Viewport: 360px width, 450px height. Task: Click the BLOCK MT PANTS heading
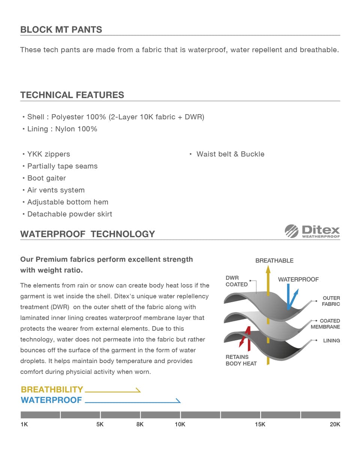(x=61, y=30)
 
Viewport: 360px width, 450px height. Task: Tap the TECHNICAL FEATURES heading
(x=72, y=95)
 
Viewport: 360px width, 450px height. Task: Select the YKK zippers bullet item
(x=48, y=154)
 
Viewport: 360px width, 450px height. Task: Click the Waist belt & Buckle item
(x=230, y=154)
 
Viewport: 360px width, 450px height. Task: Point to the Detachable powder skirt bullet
(x=69, y=214)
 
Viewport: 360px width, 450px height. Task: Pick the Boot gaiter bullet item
(x=46, y=178)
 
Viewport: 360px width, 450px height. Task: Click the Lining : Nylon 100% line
(x=62, y=129)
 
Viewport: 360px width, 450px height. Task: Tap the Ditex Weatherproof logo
(x=312, y=231)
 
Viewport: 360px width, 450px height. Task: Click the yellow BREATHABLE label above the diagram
(x=274, y=261)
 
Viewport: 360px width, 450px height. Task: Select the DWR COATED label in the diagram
(x=236, y=281)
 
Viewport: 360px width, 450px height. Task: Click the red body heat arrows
(x=244, y=337)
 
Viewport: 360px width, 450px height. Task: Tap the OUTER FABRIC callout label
(x=331, y=301)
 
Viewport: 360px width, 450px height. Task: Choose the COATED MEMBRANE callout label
(x=325, y=324)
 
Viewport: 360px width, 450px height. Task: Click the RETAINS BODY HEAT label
(x=241, y=360)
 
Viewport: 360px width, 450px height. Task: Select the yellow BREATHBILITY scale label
(x=52, y=390)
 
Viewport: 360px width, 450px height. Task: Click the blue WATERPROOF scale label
(x=51, y=400)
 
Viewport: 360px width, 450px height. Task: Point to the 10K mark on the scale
(x=180, y=424)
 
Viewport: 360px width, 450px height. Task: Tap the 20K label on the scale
(x=334, y=424)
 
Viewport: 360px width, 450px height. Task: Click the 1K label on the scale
(x=24, y=424)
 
